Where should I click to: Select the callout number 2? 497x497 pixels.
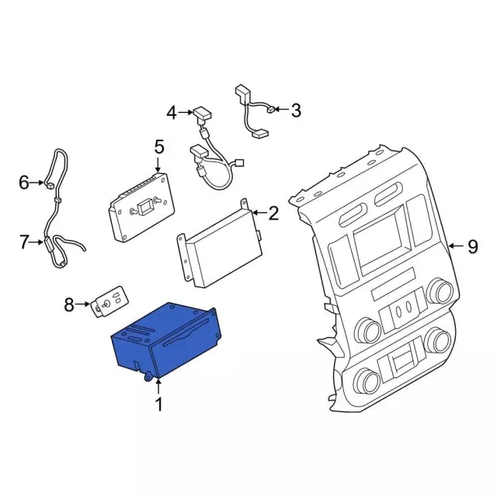tap(273, 211)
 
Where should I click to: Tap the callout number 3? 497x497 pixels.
tap(295, 111)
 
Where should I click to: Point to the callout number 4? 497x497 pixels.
tap(172, 113)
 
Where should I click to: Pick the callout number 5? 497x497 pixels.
tap(158, 147)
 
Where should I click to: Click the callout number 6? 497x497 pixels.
tap(24, 183)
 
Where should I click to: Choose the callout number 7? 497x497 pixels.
tap(24, 242)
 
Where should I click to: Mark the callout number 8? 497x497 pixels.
tap(70, 305)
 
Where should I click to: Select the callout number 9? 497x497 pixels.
tap(471, 247)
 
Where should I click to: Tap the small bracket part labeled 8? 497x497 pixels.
tap(109, 303)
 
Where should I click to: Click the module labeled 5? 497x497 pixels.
tap(141, 208)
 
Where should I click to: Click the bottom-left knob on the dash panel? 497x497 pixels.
tap(367, 381)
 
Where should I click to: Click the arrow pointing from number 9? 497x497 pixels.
tap(456, 247)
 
